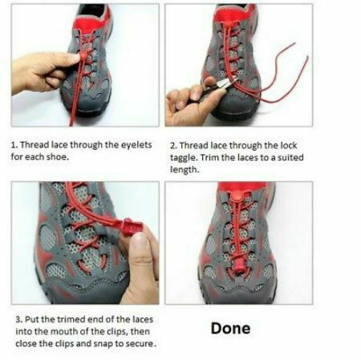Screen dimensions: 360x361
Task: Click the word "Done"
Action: (x=230, y=329)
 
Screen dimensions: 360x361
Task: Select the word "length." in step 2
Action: (x=186, y=169)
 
